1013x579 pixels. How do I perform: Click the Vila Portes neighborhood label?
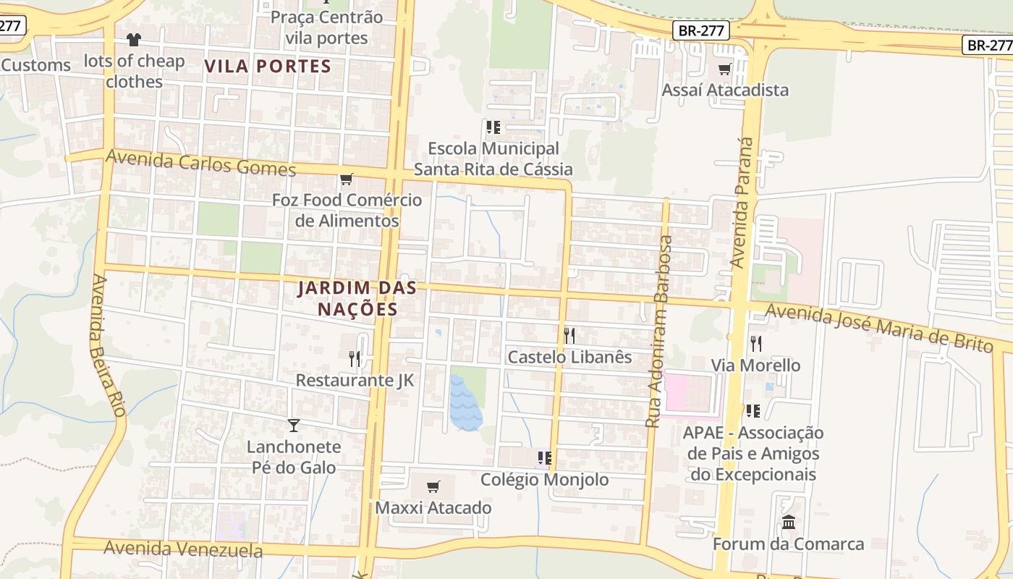coord(268,67)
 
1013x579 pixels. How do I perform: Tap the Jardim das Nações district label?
coord(357,298)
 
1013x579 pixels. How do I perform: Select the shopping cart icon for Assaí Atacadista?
coord(724,69)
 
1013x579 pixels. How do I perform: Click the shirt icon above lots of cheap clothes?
coord(134,40)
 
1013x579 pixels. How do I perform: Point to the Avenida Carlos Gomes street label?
coord(201,163)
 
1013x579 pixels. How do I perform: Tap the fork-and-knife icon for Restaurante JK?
coord(355,358)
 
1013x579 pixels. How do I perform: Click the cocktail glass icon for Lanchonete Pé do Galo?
coord(294,425)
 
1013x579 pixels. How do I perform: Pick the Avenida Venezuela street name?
coord(183,549)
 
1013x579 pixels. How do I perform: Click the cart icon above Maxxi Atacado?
coord(433,486)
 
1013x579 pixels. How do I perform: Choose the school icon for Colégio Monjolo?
coord(545,458)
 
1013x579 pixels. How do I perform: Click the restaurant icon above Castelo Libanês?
coord(569,335)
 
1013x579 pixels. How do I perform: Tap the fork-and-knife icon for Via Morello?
coord(756,343)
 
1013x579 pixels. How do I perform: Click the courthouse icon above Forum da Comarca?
coord(789,522)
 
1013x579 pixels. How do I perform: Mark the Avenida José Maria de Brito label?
coord(879,328)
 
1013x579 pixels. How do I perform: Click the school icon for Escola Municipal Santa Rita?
coord(493,127)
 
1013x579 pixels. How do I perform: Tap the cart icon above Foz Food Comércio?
coord(347,179)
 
